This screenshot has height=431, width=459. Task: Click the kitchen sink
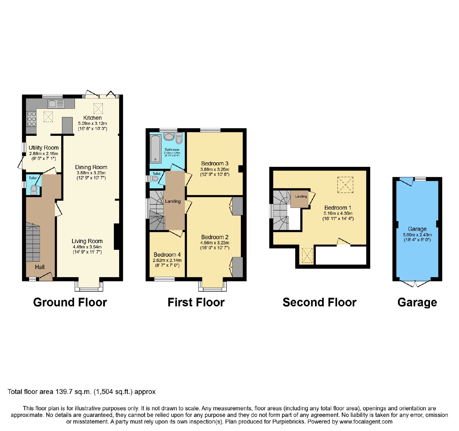coord(56,104)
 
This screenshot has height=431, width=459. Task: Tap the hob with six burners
coord(32,119)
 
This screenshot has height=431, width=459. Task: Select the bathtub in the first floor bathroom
coord(155,149)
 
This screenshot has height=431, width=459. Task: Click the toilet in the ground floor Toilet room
coord(34,190)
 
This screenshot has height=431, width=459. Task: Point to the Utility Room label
coord(44,148)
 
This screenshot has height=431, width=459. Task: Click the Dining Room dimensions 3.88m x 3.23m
coord(91,173)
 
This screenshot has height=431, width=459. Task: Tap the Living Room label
coord(87,241)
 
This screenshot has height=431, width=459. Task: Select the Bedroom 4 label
coord(167,255)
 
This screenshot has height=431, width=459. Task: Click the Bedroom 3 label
coord(215,163)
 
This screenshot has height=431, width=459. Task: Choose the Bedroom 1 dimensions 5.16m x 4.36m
coord(338,213)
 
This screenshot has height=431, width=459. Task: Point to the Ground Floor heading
coord(70,302)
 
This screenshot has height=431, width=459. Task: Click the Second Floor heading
coord(320,302)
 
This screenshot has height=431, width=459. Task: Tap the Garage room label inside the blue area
coord(417,229)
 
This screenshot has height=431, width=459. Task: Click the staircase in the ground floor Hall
coord(33,243)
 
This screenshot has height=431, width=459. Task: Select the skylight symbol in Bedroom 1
coord(345,185)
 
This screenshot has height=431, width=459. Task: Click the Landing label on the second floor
coord(301,196)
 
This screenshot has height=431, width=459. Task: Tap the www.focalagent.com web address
coord(366,422)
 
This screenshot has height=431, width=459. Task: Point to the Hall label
coord(40,267)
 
